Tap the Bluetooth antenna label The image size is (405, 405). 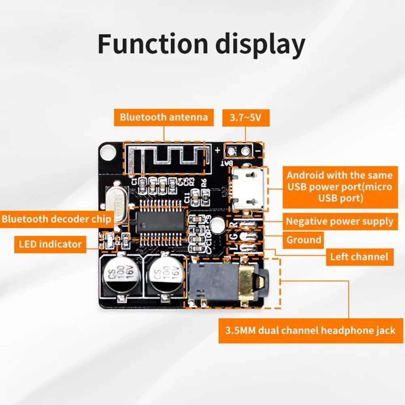164,117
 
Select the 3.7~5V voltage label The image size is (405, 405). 246,118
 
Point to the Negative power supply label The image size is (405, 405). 339,222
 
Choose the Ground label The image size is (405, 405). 304,240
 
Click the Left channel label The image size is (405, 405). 359,257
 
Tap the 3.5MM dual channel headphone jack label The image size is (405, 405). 310,330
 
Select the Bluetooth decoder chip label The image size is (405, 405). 56,219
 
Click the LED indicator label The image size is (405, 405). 50,244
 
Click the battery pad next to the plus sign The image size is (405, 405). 231,151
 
